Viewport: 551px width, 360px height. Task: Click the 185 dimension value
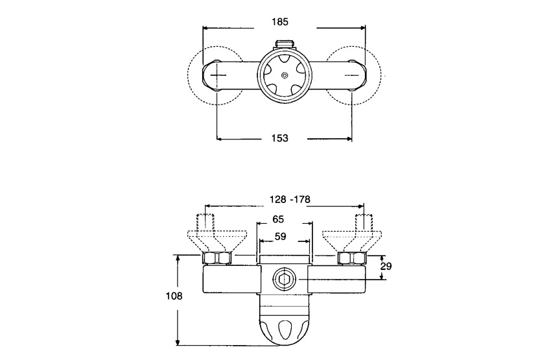pos(280,22)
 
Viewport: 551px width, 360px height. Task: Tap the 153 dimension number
pos(280,138)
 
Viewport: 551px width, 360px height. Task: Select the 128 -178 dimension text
pos(290,200)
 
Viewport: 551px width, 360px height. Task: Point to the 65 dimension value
pos(278,219)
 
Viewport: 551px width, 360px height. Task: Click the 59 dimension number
pos(280,237)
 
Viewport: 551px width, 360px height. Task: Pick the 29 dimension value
pos(386,267)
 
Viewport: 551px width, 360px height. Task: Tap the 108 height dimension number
pos(174,296)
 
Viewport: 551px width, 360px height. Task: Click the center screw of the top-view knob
pos(285,75)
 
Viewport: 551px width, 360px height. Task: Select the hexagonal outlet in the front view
pos(283,280)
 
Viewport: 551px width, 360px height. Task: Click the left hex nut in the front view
pos(217,258)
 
